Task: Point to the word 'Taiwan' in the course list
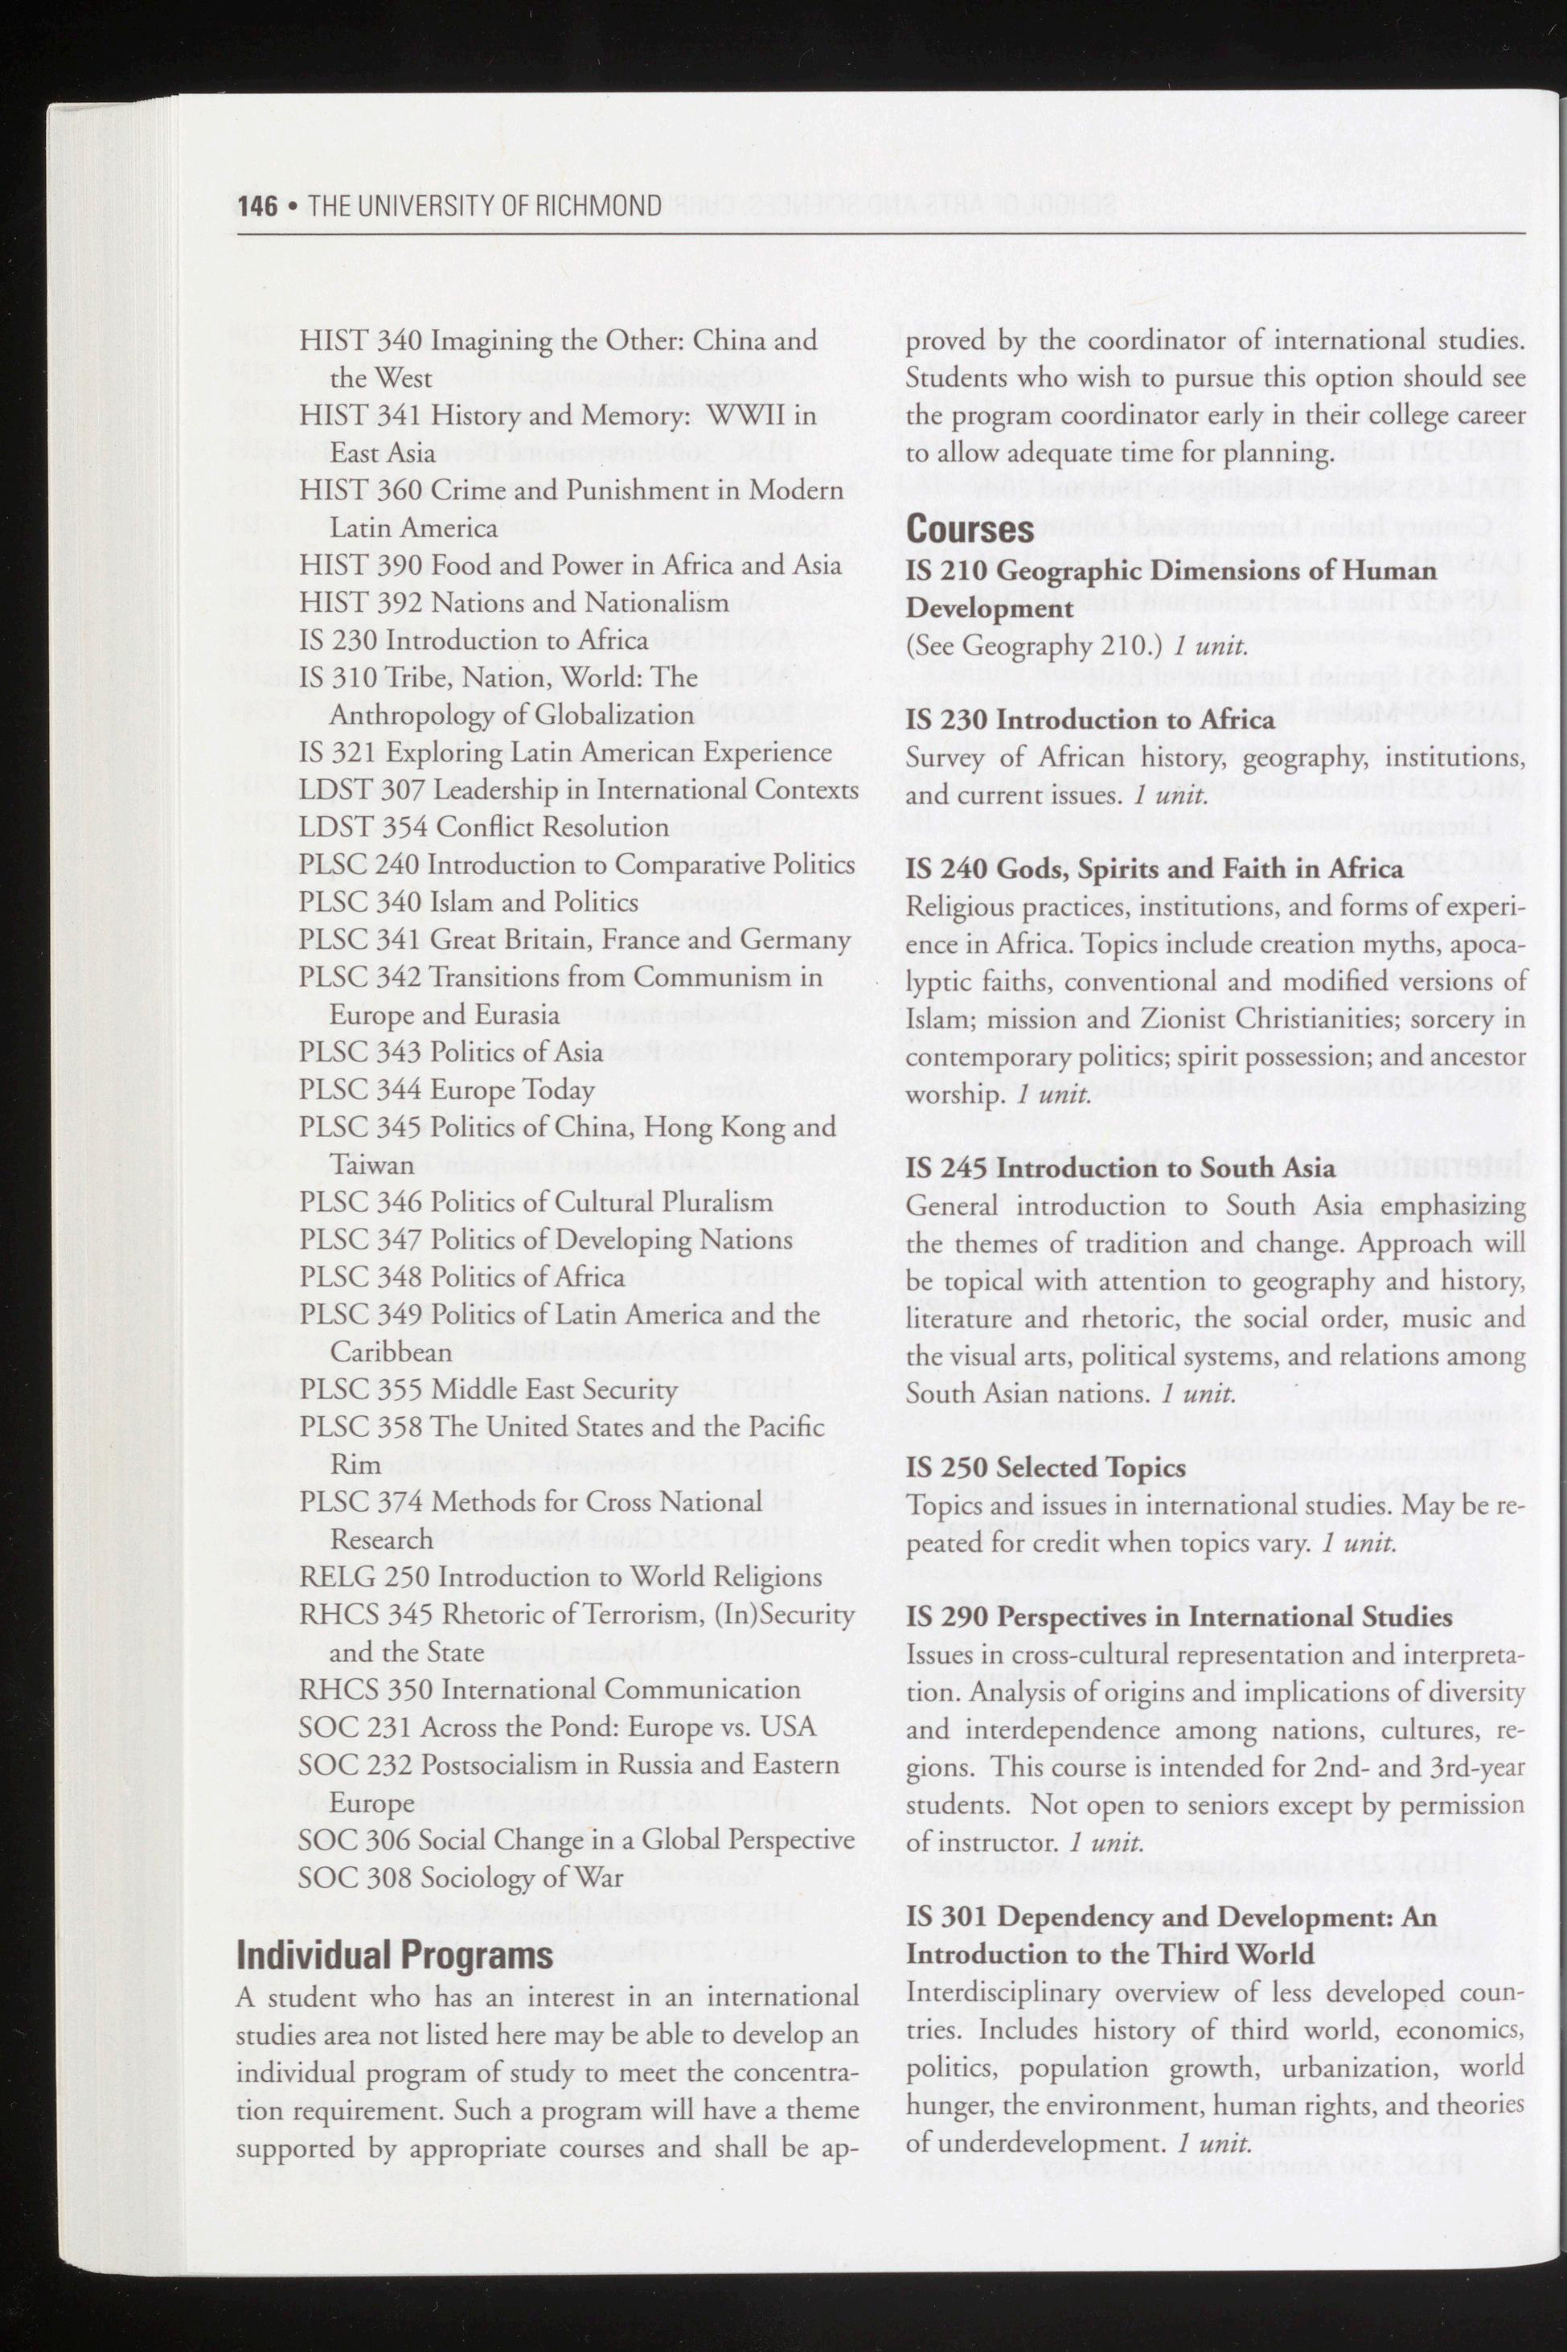click(371, 1164)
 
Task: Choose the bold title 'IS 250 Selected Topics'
click(1045, 1467)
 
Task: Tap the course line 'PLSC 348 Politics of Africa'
click(461, 1278)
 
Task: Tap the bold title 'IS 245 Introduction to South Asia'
click(1119, 1168)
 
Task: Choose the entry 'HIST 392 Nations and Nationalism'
click(514, 603)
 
